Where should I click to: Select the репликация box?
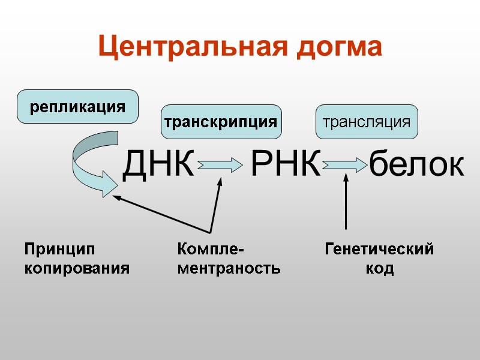(78, 107)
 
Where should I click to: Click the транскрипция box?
(221, 122)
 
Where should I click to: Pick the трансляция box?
(367, 122)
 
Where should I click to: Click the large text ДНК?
(159, 164)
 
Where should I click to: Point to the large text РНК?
(286, 164)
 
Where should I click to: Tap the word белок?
(416, 164)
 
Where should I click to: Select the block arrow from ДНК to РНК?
(217, 164)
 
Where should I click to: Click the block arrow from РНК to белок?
(344, 164)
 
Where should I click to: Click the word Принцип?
(59, 249)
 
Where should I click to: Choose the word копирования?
(77, 268)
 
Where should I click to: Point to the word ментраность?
(229, 268)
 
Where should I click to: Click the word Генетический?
(379, 249)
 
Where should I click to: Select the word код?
(379, 268)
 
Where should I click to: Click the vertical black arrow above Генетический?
(346, 201)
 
